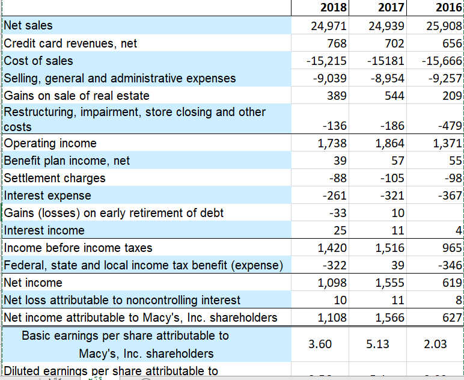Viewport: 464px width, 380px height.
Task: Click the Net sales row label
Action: click(x=28, y=25)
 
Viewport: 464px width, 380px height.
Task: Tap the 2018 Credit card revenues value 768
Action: click(x=337, y=43)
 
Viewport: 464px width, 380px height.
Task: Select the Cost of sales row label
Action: click(x=38, y=61)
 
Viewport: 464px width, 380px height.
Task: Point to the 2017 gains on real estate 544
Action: click(x=394, y=96)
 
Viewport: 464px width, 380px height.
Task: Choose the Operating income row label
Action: click(x=50, y=143)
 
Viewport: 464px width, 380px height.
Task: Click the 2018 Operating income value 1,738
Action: click(x=331, y=143)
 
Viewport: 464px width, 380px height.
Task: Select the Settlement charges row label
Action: click(x=55, y=178)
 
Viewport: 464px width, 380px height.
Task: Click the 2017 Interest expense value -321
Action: click(x=392, y=195)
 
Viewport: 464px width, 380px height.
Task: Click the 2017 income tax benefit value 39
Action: click(x=397, y=265)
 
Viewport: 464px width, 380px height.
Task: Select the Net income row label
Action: click(x=33, y=283)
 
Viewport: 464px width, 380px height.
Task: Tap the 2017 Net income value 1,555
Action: click(x=389, y=283)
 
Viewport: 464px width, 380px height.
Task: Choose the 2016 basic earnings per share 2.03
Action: click(x=435, y=344)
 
